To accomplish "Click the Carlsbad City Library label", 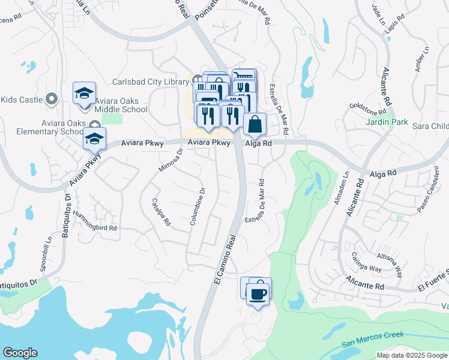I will coord(151,82).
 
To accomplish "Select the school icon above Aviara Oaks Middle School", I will coord(85,93).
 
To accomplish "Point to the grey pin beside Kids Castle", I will coord(52,98).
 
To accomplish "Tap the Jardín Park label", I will coord(387,122).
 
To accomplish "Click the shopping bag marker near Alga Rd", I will coord(255,124).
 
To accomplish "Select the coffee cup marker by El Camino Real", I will coord(258,294).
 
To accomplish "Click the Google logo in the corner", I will coord(20,353).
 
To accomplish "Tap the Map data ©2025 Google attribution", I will coord(411,355).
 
